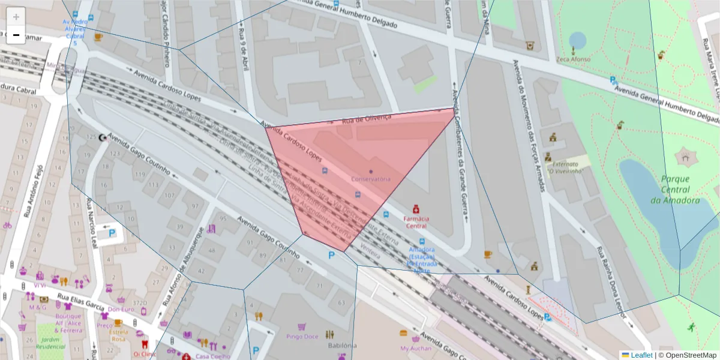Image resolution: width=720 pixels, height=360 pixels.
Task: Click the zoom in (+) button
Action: tap(16, 17)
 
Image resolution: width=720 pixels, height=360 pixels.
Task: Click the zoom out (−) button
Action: tap(16, 35)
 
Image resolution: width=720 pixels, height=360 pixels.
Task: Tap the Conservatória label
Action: tap(371, 179)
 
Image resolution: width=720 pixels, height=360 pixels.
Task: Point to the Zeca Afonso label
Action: tap(573, 59)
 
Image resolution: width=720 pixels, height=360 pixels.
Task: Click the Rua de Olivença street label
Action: tap(366, 119)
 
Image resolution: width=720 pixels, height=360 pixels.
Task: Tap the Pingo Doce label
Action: tap(302, 337)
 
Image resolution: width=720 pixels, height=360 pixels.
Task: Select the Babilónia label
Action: tap(342, 345)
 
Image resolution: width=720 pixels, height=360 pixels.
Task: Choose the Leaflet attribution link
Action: tap(641, 355)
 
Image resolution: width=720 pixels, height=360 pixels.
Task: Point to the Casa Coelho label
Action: tap(213, 356)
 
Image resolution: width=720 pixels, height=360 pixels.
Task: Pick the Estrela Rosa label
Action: tap(118, 335)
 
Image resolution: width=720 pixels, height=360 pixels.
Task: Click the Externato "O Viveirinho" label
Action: tap(565, 167)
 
